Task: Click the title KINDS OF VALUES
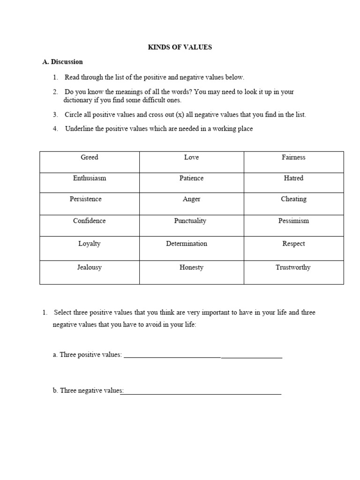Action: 180,48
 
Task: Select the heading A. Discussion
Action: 62,62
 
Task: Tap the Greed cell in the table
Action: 89,157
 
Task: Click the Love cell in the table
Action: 191,157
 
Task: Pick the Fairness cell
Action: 293,157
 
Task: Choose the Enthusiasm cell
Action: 89,178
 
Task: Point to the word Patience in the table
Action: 191,178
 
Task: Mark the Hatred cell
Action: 293,178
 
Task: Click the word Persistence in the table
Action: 86,199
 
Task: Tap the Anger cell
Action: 191,199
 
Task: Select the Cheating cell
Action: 293,199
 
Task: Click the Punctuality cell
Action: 190,221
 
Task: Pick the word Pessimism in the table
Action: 293,221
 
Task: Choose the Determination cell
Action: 187,244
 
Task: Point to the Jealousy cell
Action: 89,268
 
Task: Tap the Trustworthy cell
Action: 293,268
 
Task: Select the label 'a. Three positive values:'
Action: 87,355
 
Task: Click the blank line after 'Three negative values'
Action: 202,392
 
